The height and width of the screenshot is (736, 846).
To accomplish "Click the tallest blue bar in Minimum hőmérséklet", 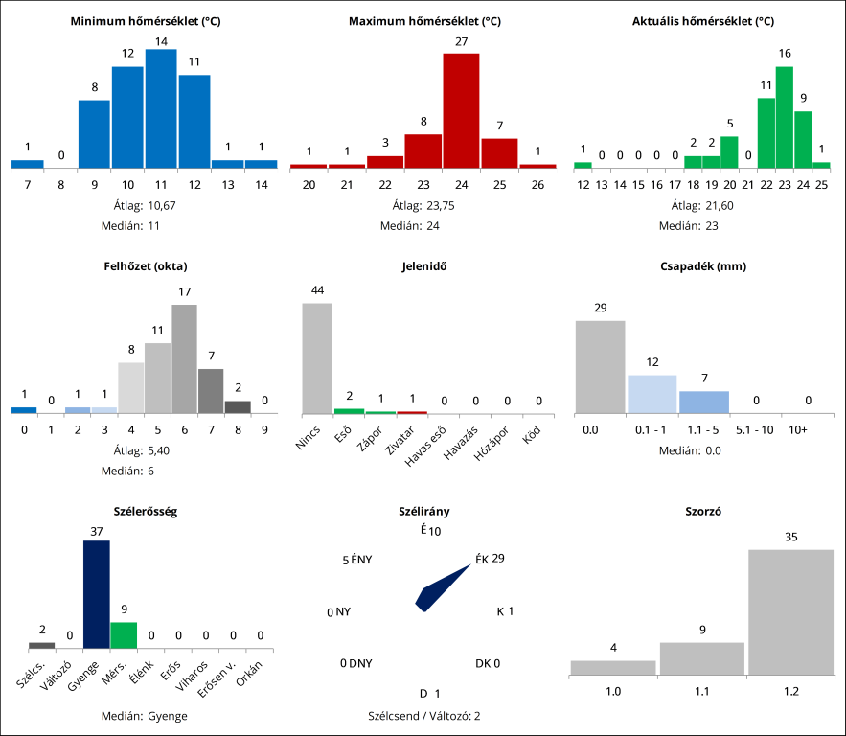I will coord(161,108).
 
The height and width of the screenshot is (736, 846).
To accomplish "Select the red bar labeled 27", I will coord(461,110).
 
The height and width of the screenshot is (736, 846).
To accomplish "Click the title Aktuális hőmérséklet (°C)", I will coord(703,20).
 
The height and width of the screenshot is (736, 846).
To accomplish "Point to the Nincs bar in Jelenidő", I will coord(317,358).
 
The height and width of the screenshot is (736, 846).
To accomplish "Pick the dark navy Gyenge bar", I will coord(97,594).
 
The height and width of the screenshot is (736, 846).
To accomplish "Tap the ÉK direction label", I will coord(482,559).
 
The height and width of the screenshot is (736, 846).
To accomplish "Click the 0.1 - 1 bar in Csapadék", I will coord(652,394).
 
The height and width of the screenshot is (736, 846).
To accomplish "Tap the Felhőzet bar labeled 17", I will coord(184,358).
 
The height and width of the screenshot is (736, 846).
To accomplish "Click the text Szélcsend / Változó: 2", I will coord(424,715).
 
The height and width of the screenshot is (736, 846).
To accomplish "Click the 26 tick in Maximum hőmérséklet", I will coord(537,183).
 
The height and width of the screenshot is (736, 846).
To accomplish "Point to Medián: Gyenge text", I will coord(144,715).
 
